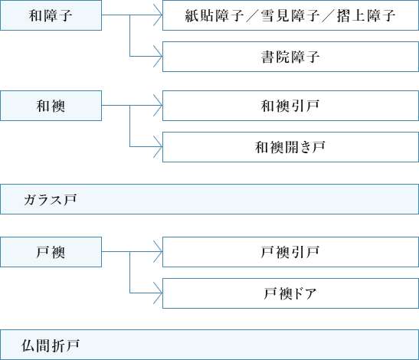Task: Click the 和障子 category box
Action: (51, 15)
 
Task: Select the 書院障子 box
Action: (290, 57)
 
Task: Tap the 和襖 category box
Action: (51, 106)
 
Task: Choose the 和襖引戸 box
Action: (290, 106)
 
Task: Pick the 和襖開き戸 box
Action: (290, 147)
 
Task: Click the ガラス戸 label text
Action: (51, 200)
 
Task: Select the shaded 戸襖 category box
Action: (51, 252)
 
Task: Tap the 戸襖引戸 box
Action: (290, 252)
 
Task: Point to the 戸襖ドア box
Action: (290, 293)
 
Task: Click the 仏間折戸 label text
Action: (51, 345)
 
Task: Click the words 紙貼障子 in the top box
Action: (214, 15)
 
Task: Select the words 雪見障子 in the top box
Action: (290, 15)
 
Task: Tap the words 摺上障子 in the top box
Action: (366, 15)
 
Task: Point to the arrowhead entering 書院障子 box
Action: (159, 57)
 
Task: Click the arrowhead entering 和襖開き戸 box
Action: (159, 147)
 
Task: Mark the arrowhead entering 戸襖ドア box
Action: (159, 293)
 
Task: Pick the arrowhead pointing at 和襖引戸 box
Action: (159, 105)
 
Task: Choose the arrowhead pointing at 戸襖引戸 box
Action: (159, 251)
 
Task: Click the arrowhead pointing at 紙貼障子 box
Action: (159, 15)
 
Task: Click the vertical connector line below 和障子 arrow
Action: (130, 35)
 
